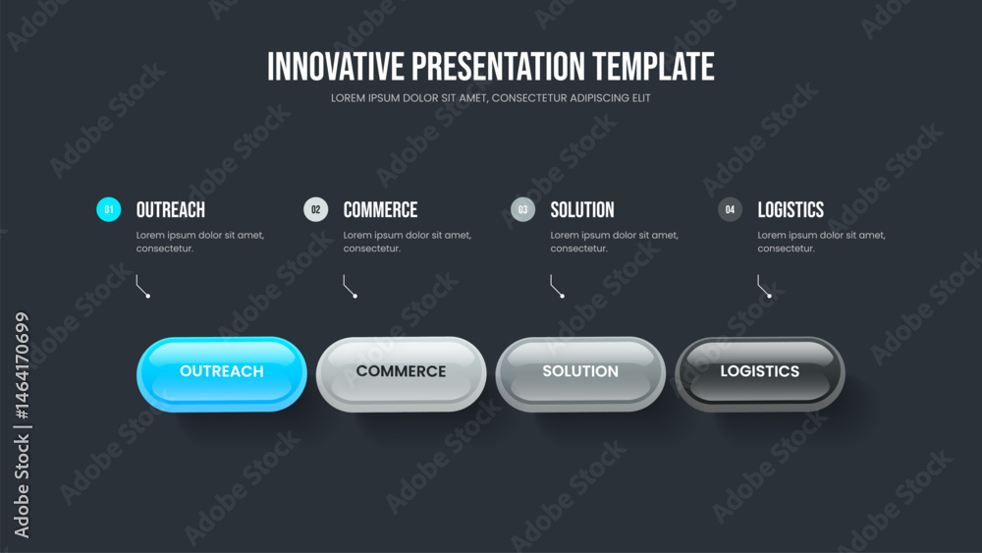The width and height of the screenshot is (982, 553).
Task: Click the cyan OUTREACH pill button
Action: click(222, 374)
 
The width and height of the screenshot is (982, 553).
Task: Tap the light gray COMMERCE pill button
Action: click(401, 374)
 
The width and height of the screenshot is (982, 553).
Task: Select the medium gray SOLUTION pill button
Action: click(580, 374)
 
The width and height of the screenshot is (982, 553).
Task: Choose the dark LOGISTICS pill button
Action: click(760, 374)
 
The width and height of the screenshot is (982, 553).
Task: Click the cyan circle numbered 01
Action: click(108, 209)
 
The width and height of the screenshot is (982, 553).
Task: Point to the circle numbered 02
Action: click(315, 209)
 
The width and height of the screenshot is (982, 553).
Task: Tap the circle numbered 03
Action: click(523, 209)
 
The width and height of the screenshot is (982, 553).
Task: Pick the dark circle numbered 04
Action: click(730, 209)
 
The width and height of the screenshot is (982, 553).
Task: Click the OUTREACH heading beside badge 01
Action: click(170, 210)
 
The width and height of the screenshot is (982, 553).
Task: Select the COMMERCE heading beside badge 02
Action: click(380, 210)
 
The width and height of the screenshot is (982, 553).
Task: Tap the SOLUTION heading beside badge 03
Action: click(582, 210)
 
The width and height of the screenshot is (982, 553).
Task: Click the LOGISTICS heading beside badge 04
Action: click(791, 210)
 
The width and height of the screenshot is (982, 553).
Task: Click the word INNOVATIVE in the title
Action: click(336, 67)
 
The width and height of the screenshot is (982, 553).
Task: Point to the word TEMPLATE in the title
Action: click(653, 67)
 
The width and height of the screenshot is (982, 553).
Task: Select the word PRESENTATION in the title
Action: click(499, 67)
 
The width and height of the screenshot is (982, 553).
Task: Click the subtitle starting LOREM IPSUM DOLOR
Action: click(491, 97)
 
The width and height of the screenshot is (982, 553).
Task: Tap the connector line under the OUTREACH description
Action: click(141, 288)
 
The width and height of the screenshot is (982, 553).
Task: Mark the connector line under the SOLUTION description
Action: click(556, 288)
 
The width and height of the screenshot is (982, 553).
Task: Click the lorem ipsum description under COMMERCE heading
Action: click(408, 242)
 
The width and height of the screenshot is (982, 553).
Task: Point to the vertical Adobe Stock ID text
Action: click(22, 424)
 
